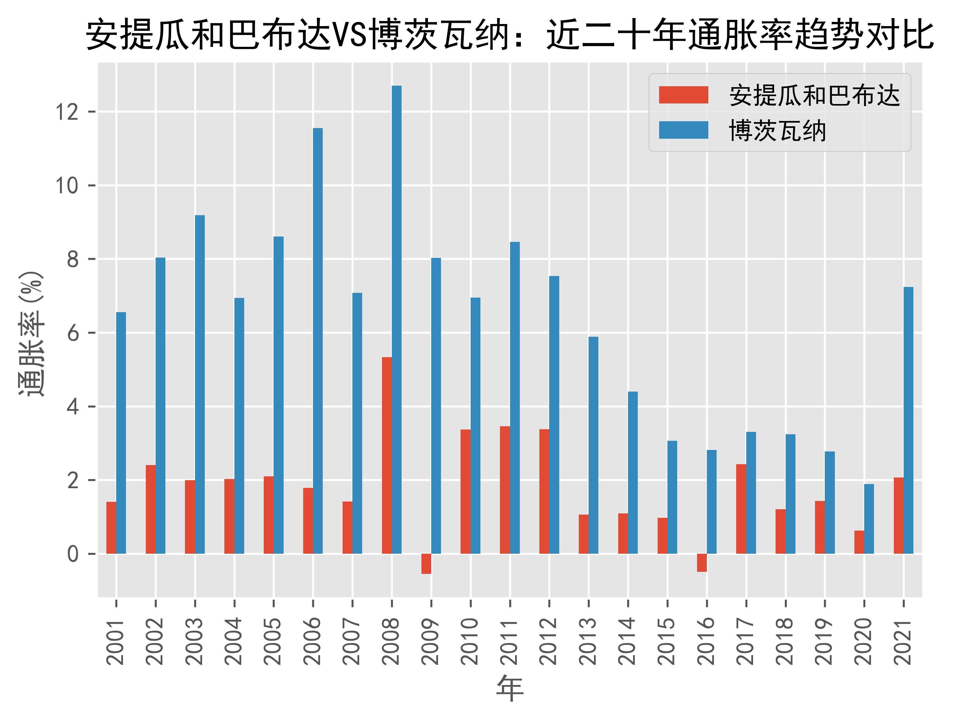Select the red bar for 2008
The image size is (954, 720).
(387, 455)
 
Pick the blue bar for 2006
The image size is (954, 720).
(318, 341)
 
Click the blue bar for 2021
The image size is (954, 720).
(908, 420)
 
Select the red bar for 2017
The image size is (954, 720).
(741, 509)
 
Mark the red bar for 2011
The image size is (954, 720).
(505, 490)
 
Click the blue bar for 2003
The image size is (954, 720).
(200, 384)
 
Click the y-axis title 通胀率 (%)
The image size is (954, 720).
(31, 333)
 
